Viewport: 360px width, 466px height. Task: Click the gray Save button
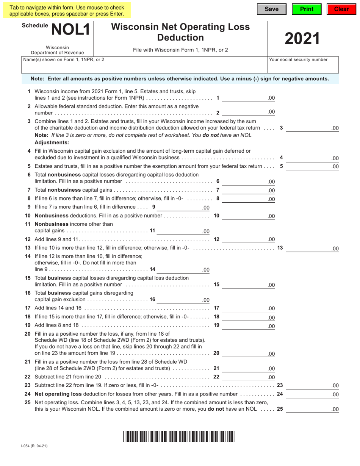pyautogui.click(x=271, y=9)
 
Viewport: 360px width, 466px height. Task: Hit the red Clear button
pyautogui.click(x=341, y=9)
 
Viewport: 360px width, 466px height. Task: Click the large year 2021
pyautogui.click(x=302, y=39)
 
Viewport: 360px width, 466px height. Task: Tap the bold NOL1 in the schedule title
pyautogui.click(x=71, y=30)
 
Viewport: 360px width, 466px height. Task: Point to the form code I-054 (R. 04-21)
pyautogui.click(x=34, y=446)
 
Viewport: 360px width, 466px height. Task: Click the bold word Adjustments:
pyautogui.click(x=52, y=142)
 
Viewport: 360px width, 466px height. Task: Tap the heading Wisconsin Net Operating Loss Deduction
pyautogui.click(x=180, y=32)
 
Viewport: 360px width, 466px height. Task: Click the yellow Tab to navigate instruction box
pyautogui.click(x=67, y=11)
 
